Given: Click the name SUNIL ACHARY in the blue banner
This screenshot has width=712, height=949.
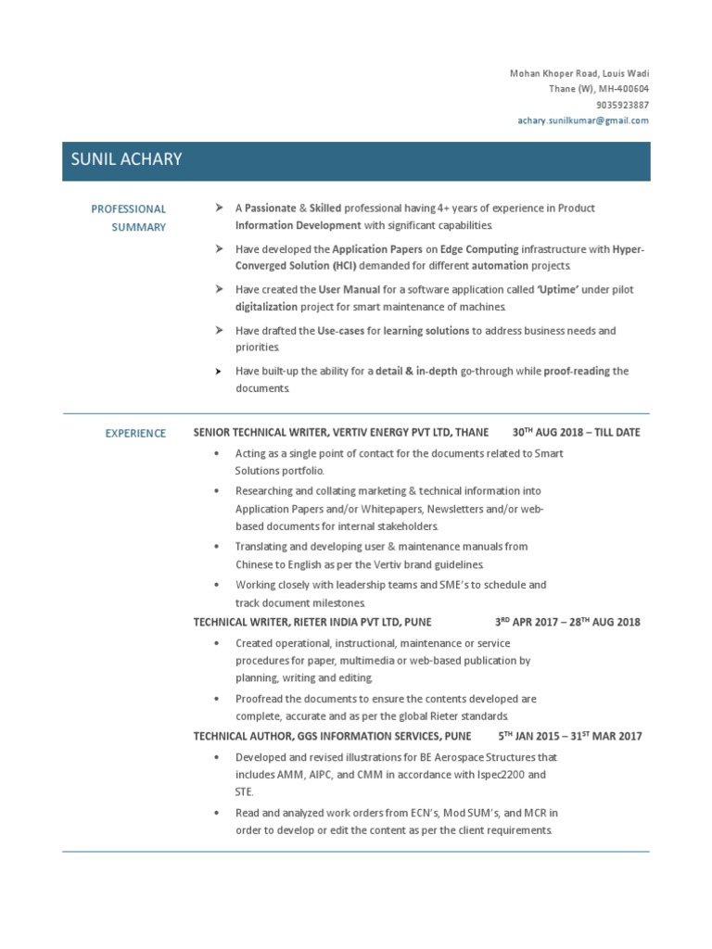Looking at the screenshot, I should [x=126, y=159].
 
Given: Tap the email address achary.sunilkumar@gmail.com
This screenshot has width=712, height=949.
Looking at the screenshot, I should [x=583, y=120].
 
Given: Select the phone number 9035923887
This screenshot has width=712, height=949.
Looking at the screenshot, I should [x=622, y=105].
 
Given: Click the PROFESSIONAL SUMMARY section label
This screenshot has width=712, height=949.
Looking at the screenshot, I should [x=128, y=218].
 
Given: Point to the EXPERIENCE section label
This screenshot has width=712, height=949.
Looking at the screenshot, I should [x=135, y=433].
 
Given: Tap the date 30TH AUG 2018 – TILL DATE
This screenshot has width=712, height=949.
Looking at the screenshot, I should [x=576, y=433].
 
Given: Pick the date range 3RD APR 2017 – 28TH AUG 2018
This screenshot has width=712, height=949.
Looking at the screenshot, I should [x=567, y=622].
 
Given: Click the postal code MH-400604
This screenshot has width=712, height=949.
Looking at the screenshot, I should [x=624, y=89].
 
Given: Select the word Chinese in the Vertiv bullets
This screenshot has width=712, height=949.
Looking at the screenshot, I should [x=256, y=563].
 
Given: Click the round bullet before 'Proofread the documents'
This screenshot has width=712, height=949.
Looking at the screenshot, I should [x=216, y=700].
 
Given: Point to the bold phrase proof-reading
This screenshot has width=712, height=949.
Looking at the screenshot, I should [x=577, y=372].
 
